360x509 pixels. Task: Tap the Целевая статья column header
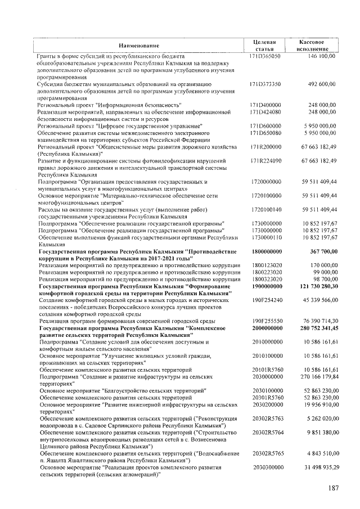[264, 45]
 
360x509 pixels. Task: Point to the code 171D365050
[265, 56]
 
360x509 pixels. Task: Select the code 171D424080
[265, 112]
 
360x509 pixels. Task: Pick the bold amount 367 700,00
[319, 251]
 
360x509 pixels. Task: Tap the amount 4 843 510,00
[318, 453]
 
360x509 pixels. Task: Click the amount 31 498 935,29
[316, 467]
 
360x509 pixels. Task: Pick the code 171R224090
[265, 160]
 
